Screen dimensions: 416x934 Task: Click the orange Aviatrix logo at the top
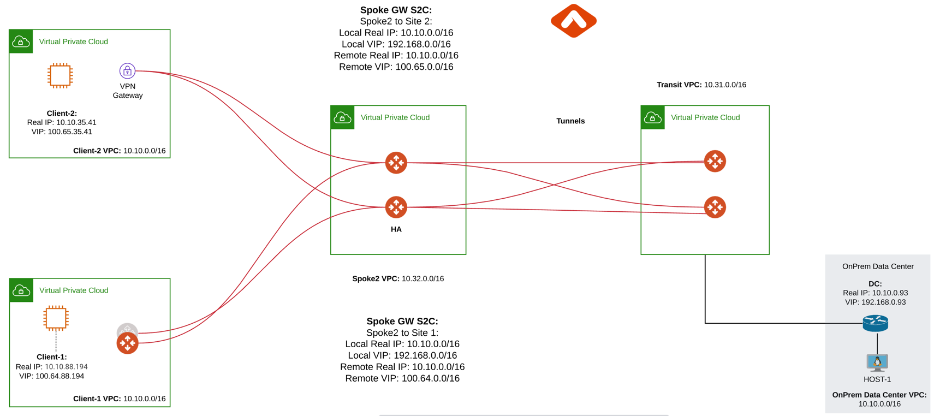[573, 21]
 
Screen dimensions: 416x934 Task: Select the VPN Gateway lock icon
[127, 70]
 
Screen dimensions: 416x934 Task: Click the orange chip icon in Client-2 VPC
[60, 75]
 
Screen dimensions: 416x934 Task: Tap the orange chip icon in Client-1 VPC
[56, 318]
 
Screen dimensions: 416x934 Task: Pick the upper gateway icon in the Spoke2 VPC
[396, 163]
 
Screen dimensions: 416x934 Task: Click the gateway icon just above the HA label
[396, 207]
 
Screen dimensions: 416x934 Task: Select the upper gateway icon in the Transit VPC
[715, 161]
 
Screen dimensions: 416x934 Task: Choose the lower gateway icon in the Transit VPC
[715, 207]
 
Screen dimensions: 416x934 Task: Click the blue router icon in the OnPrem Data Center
[875, 323]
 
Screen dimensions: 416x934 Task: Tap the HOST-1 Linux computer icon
[877, 362]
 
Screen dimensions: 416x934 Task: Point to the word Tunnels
[570, 121]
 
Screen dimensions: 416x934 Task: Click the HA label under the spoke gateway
[396, 229]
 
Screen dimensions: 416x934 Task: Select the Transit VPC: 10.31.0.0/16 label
[701, 85]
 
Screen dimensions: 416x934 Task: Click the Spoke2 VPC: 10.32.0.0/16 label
[398, 278]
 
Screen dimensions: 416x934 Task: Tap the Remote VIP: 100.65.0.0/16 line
[396, 67]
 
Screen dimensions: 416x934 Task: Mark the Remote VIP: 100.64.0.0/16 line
[402, 378]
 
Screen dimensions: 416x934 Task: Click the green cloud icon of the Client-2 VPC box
[21, 41]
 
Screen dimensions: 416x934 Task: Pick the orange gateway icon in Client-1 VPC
[127, 343]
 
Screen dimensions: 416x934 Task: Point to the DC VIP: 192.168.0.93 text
[875, 302]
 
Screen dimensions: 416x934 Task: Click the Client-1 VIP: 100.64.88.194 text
[52, 376]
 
